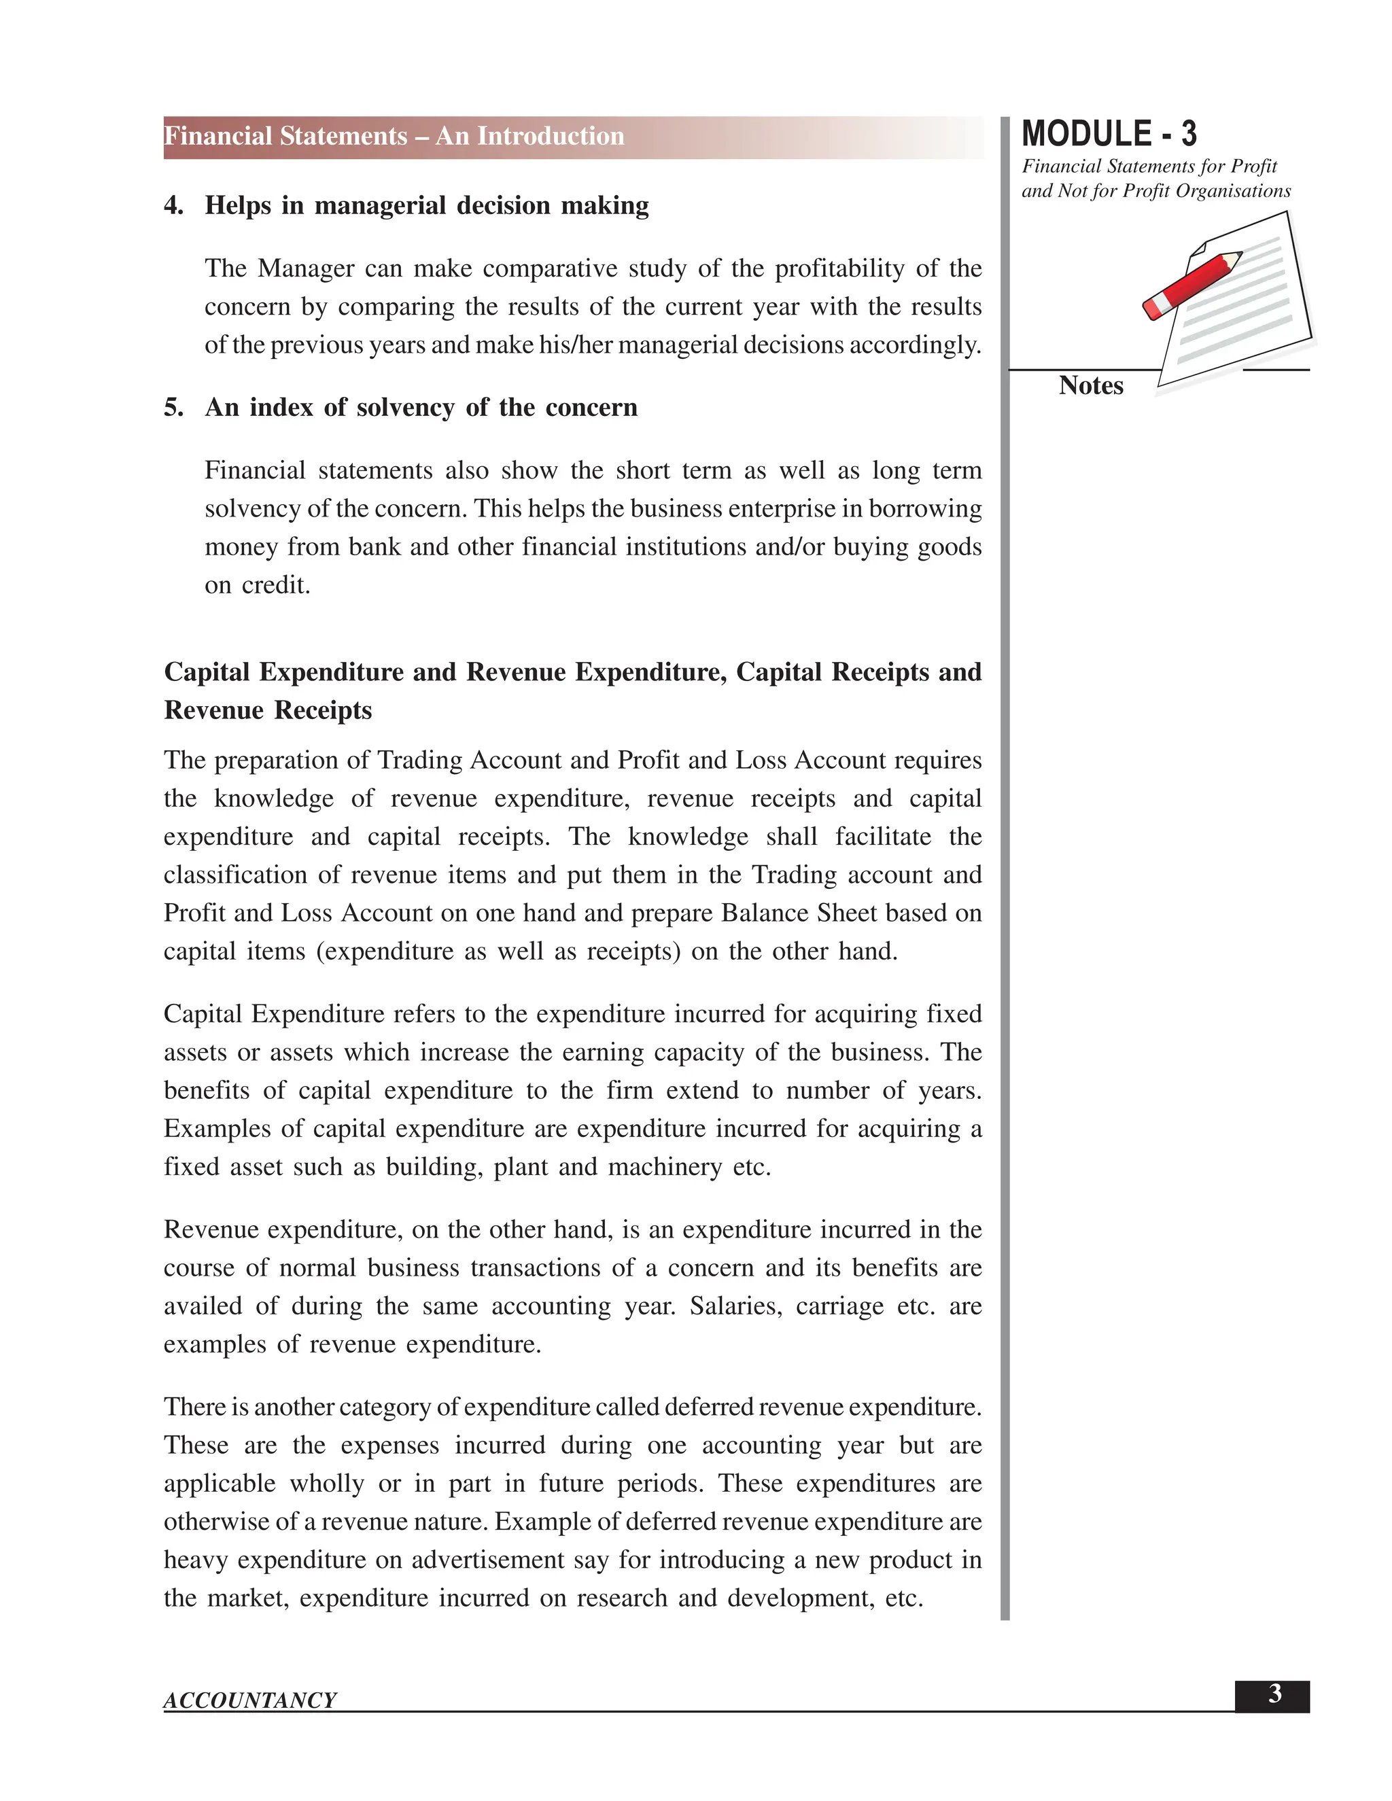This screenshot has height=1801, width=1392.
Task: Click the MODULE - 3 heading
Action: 1109,134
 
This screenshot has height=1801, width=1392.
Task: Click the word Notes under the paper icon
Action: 1090,386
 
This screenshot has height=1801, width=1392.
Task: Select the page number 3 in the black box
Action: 1274,1694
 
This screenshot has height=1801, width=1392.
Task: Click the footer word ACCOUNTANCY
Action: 250,1700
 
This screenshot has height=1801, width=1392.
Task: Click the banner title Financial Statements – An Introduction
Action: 394,136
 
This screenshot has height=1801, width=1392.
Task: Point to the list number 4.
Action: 173,205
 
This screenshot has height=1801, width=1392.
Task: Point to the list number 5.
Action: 173,407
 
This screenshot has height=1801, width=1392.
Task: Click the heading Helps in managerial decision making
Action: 426,205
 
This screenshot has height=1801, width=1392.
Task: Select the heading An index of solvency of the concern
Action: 421,407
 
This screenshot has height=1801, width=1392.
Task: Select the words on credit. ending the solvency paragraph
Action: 258,585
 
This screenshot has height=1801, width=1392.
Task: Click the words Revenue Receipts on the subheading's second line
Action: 268,710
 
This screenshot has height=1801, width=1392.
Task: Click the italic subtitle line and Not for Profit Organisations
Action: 1155,192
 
